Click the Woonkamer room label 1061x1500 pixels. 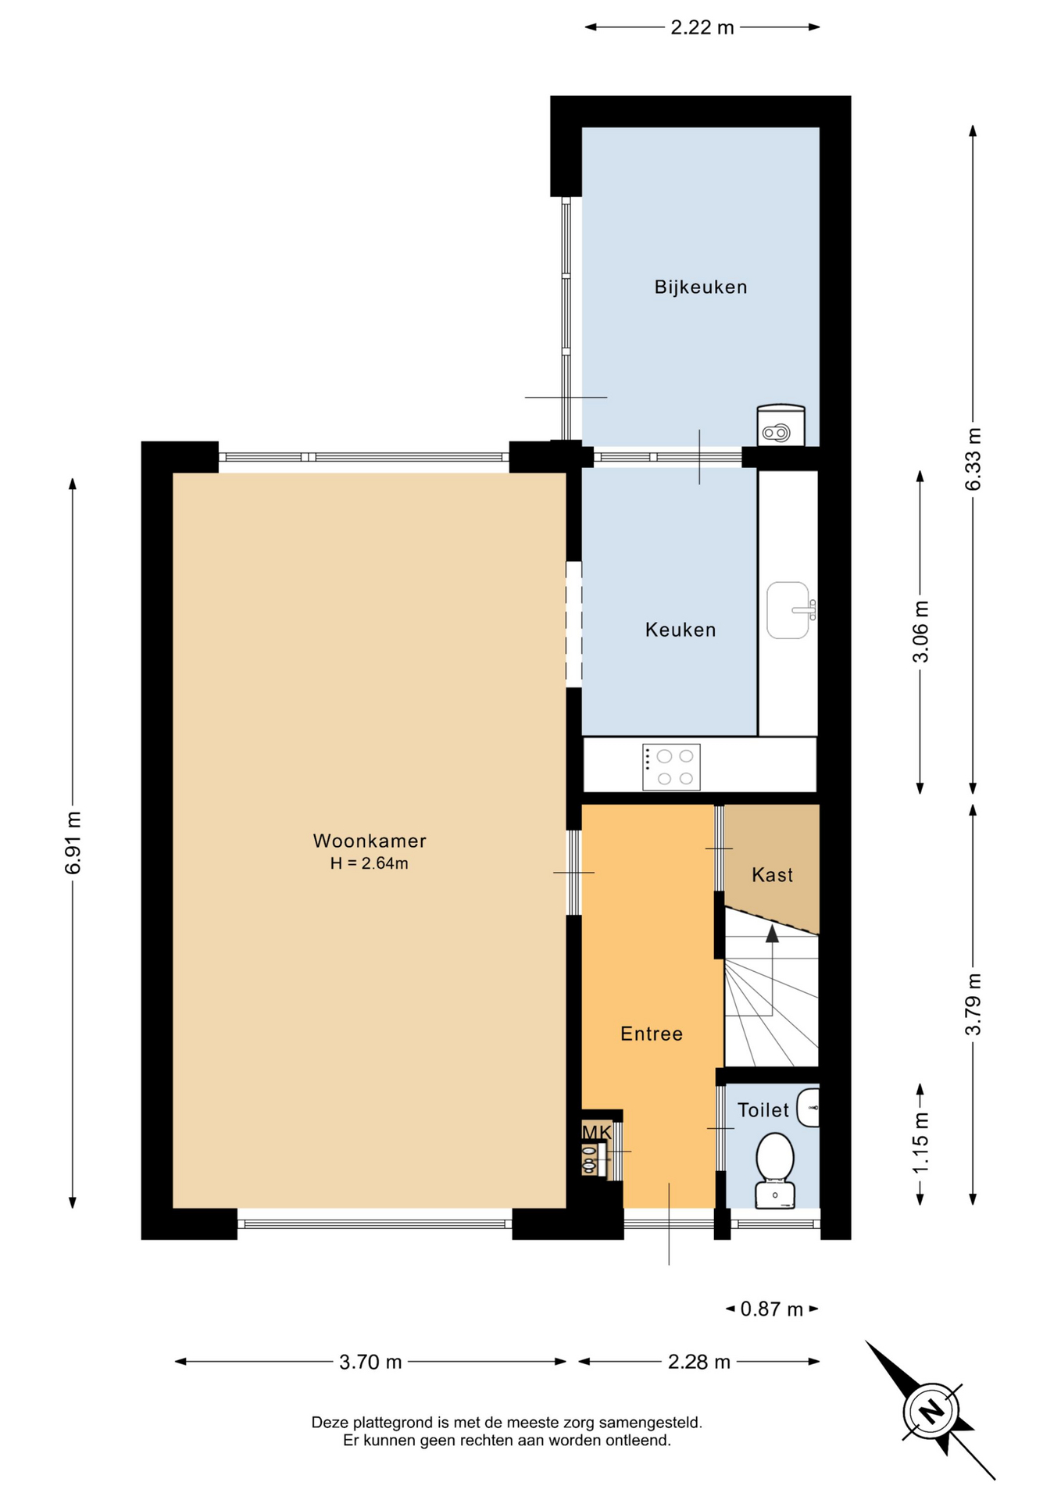[370, 841]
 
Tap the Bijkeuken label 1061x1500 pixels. [701, 287]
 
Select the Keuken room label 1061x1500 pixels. [681, 630]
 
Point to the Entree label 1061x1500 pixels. [652, 1034]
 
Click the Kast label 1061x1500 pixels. [773, 875]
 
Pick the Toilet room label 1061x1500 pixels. [763, 1110]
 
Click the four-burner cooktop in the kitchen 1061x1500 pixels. [671, 767]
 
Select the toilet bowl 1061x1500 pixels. [775, 1170]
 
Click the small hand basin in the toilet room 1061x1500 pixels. [809, 1108]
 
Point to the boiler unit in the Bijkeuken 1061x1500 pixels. [781, 425]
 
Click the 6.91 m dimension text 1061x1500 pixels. [73, 843]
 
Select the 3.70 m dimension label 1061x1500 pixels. [370, 1362]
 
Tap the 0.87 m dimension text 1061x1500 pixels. [772, 1309]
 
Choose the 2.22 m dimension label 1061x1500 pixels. [702, 27]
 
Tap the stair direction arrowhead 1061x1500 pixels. [772, 933]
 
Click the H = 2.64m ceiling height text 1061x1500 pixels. [369, 863]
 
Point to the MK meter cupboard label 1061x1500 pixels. [597, 1133]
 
